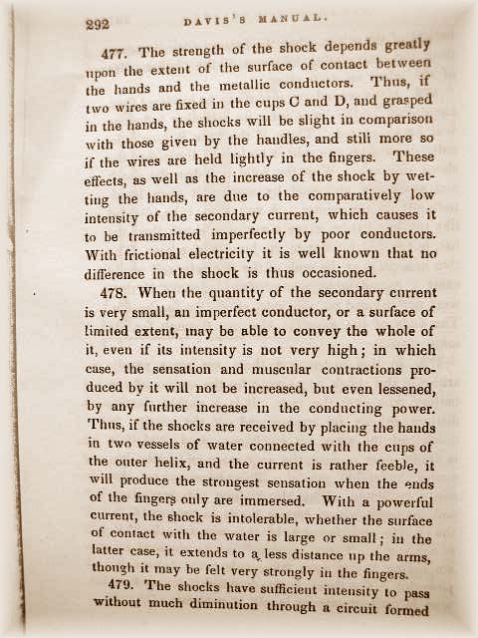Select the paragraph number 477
tap(121, 52)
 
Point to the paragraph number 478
tap(120, 292)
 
